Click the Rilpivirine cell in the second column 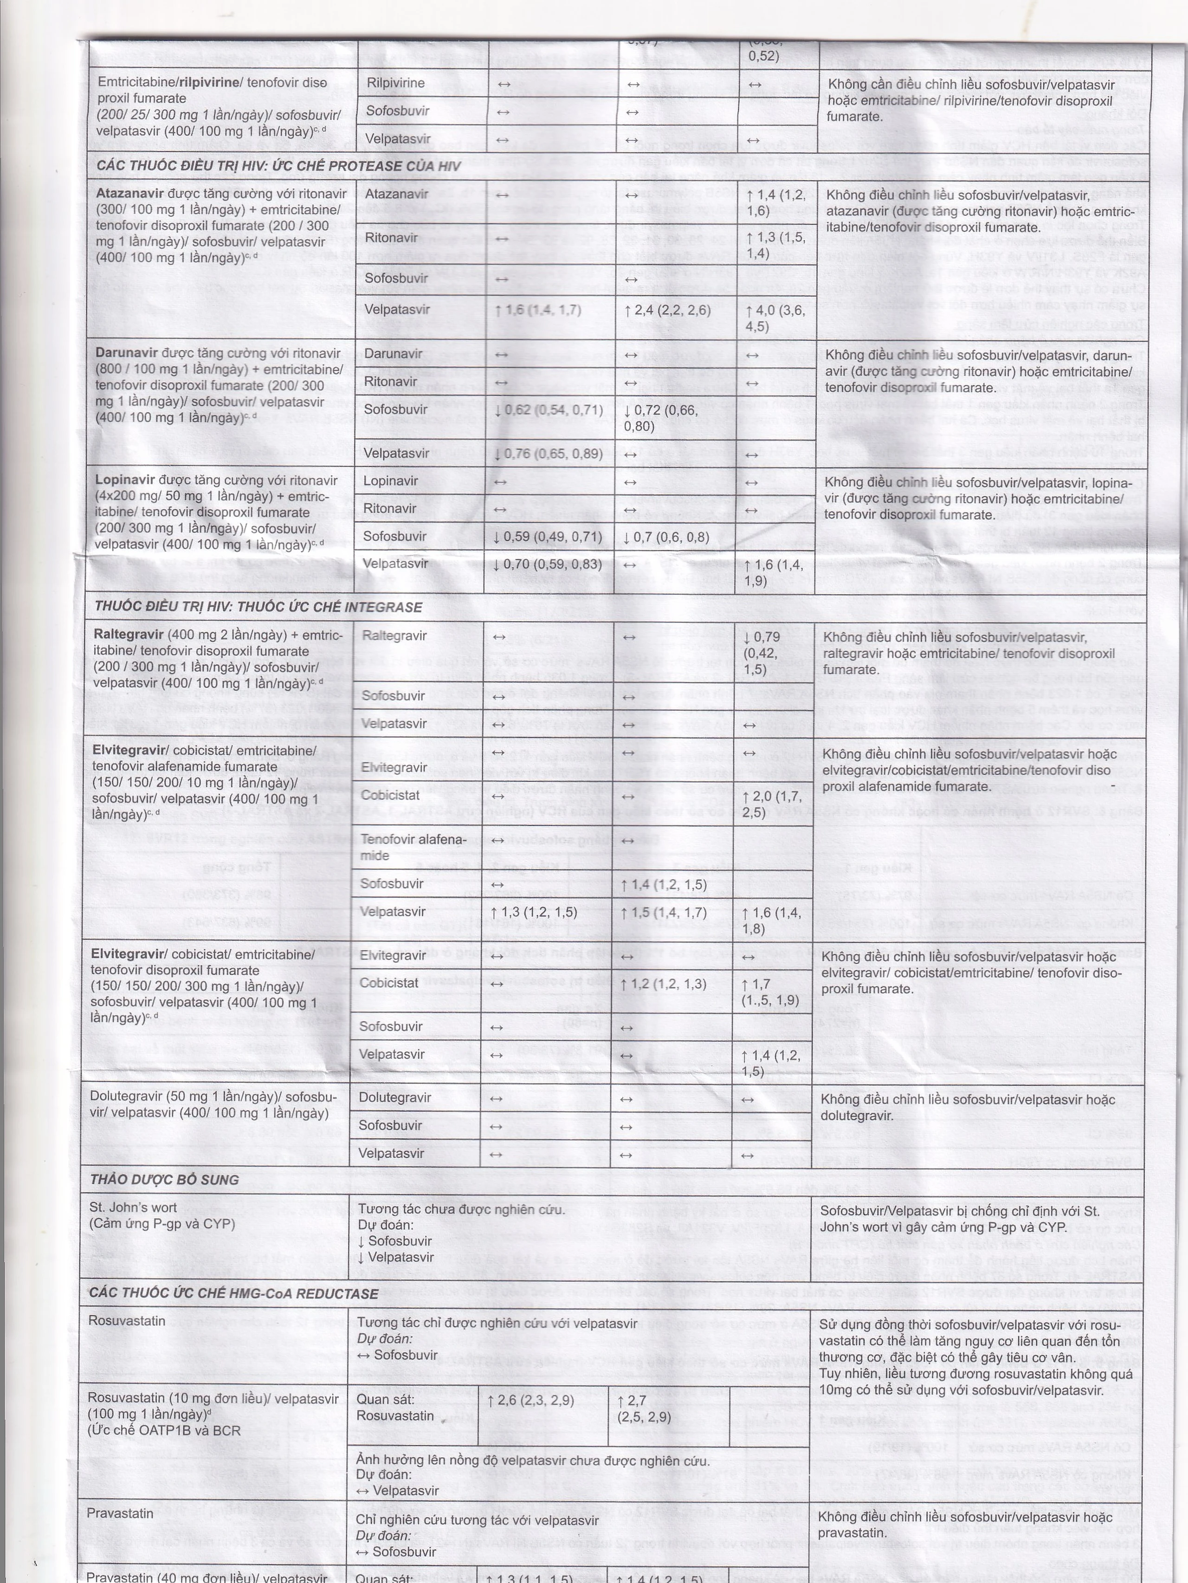click(395, 83)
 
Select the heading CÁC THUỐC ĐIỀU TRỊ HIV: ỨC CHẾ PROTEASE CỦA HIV click(279, 166)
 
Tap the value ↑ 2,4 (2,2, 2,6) click(666, 310)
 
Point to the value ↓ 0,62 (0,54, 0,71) click(548, 410)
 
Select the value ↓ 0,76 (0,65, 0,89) click(548, 453)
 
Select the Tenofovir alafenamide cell click(413, 847)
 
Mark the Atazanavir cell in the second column click(396, 194)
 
